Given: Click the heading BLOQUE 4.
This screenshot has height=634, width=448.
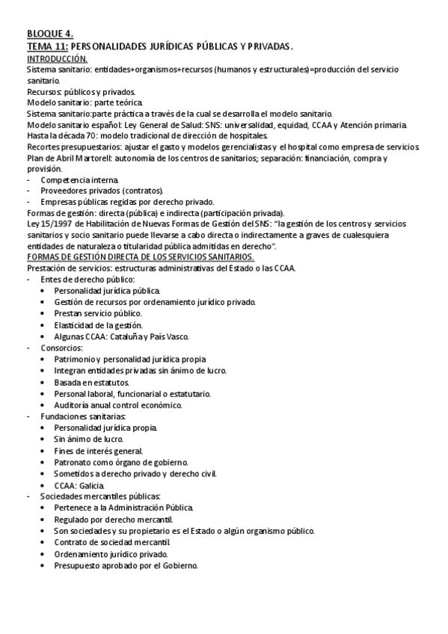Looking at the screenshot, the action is tap(49, 34).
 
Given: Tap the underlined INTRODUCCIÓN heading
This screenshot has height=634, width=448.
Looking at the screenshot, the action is tap(57, 58).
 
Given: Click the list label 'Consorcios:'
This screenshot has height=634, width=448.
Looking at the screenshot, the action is tap(62, 348).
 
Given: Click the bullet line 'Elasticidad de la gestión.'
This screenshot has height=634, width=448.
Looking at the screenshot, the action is tap(102, 324).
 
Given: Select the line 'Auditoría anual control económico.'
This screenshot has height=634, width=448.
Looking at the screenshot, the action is tap(118, 405).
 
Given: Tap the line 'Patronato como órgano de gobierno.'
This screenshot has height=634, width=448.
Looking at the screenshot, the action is tap(120, 462).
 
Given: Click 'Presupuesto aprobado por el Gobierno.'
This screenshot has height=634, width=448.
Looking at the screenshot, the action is tap(126, 566).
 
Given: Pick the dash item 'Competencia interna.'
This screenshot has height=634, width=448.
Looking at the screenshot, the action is tap(79, 181).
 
